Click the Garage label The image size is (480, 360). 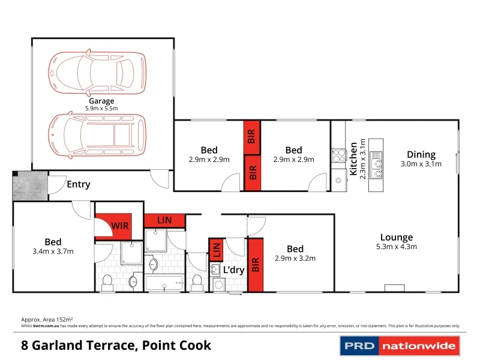(x=101, y=101)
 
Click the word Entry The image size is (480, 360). (x=79, y=184)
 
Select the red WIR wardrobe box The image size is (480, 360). (x=118, y=226)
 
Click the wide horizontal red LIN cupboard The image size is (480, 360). (x=164, y=220)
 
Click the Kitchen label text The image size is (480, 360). (x=354, y=159)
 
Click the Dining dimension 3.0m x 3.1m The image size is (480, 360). (x=421, y=164)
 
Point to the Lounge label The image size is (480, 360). (x=396, y=238)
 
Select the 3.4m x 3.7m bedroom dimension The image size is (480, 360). (x=53, y=251)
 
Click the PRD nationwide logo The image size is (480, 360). (x=399, y=346)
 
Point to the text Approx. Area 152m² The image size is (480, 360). (x=47, y=320)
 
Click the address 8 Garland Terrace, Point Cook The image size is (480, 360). (x=116, y=346)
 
